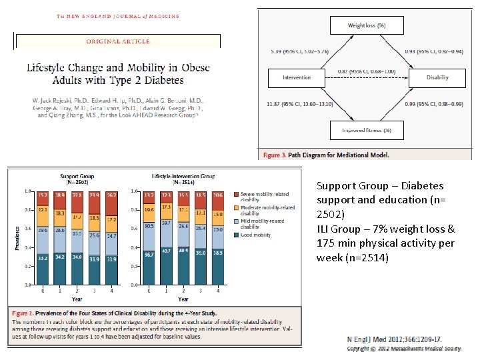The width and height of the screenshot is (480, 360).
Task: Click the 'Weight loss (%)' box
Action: point(367,25)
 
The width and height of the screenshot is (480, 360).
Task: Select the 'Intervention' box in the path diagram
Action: point(297,77)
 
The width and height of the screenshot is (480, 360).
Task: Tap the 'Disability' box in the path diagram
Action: point(437,77)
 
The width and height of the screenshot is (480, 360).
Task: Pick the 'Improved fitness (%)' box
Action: point(367,129)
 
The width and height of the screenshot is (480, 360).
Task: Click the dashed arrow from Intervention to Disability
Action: point(367,78)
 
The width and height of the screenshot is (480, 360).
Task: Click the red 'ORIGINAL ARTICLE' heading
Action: point(118,41)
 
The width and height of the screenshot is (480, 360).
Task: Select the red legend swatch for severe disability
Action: point(236,194)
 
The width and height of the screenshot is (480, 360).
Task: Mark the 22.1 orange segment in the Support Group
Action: point(44,210)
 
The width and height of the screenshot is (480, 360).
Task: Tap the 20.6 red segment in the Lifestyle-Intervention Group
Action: point(217,195)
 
